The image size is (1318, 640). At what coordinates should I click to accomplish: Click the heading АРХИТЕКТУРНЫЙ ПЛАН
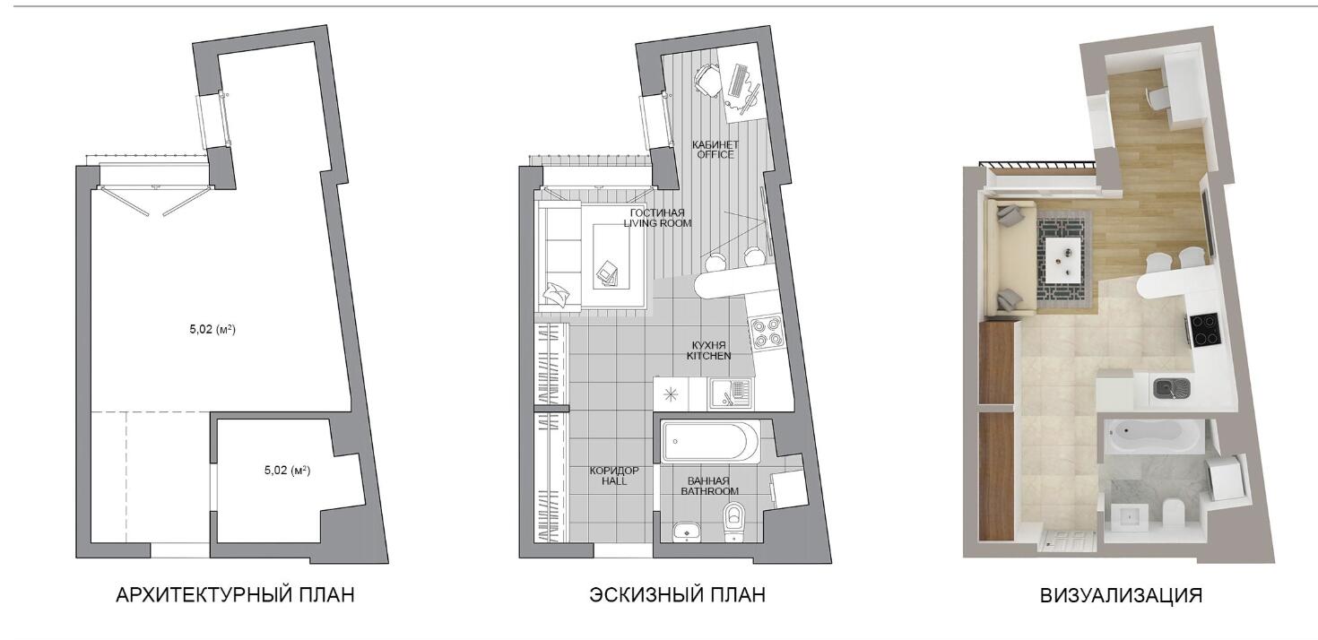tap(235, 594)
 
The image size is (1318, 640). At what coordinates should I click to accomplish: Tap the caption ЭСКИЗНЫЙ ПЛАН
tap(677, 594)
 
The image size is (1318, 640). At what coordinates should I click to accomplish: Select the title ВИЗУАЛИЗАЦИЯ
tap(1121, 595)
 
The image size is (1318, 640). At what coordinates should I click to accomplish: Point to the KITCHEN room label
tap(708, 356)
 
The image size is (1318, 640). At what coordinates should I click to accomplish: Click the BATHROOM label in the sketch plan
tap(709, 490)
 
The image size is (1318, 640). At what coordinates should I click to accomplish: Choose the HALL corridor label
tap(613, 481)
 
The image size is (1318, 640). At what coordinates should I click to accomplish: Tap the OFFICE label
tap(715, 154)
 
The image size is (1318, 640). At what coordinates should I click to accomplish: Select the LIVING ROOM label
tap(657, 223)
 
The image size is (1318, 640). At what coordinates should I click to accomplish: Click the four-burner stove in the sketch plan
tap(765, 332)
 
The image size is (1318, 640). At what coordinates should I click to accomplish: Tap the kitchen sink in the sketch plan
tap(730, 393)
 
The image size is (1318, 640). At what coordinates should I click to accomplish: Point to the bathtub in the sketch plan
tap(709, 442)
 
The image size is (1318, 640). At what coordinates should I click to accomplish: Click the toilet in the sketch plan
tap(733, 521)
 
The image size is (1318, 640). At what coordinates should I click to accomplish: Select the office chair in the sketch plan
tap(707, 81)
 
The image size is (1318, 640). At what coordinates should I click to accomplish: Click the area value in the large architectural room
tap(212, 330)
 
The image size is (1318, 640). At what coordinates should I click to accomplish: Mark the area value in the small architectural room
tap(287, 470)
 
